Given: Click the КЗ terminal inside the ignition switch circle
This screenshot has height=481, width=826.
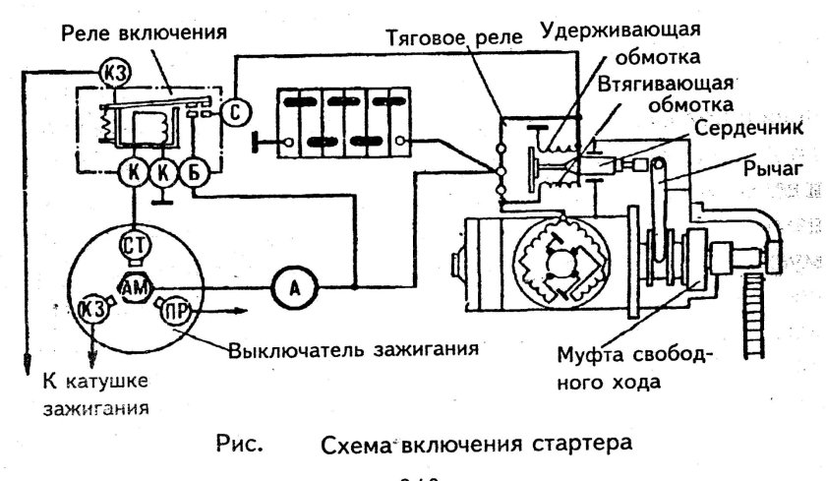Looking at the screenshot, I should coord(91,309).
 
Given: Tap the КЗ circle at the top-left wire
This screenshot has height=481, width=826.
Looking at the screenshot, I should coord(109,70).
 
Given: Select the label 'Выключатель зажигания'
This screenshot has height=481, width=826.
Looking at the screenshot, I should coord(353,349).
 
